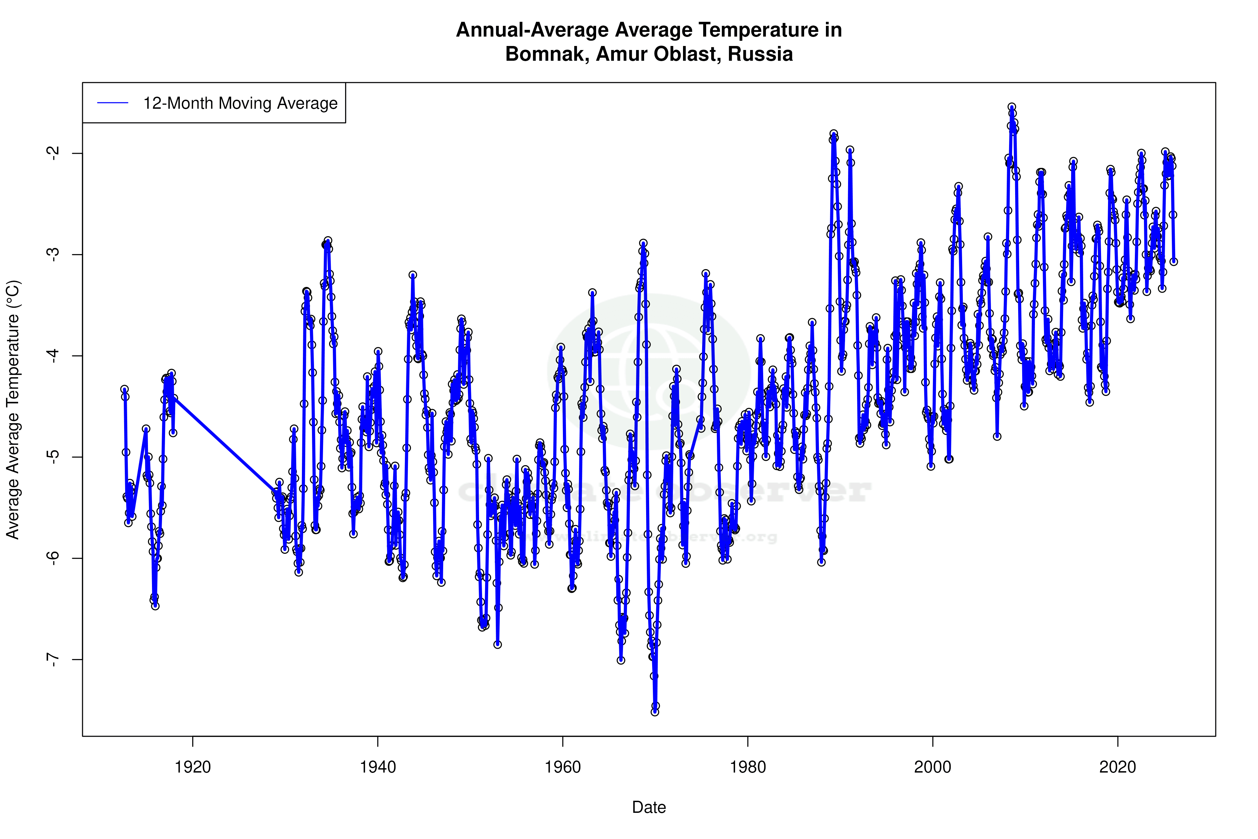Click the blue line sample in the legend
click(x=113, y=103)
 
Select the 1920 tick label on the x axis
click(x=193, y=767)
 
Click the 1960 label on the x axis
click(x=563, y=767)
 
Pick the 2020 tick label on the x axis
click(x=1118, y=767)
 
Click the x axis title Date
click(x=649, y=807)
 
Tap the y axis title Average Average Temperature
click(x=13, y=409)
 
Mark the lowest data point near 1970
click(x=655, y=712)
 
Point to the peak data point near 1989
click(x=833, y=134)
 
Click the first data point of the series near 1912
click(x=124, y=389)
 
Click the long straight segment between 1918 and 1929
click(x=225, y=444)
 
